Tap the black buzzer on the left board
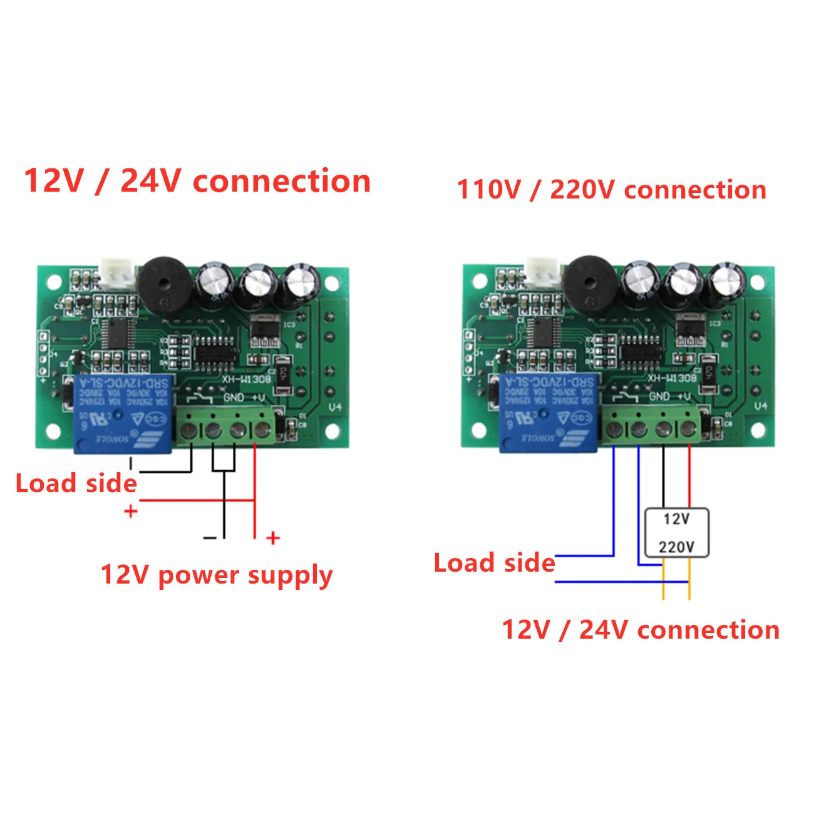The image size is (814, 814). pos(162,284)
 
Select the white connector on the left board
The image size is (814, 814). pos(118,274)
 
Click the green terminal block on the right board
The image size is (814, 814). pos(651,424)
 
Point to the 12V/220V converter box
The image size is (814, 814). pos(676,533)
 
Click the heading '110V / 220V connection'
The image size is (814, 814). pos(611,190)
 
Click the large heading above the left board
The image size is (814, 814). pos(197,181)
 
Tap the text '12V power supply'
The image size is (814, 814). pos(217,575)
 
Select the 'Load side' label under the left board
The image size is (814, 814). pos(76,483)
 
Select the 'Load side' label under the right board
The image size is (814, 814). pos(494,563)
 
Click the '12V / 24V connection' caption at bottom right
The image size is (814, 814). pos(641,629)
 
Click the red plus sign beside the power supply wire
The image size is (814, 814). pos(273,538)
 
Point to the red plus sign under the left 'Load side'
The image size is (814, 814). pos(131,512)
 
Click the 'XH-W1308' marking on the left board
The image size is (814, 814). pos(247,379)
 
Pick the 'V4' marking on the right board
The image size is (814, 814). pos(761,406)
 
